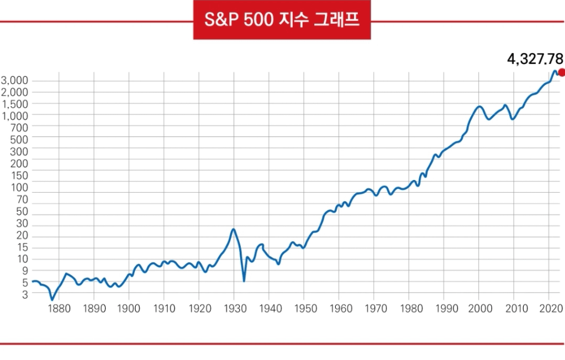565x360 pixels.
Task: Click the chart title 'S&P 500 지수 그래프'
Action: tap(282, 21)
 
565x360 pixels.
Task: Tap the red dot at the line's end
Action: tap(562, 72)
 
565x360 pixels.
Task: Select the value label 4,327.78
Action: tap(535, 58)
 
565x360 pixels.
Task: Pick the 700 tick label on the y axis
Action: tap(19, 127)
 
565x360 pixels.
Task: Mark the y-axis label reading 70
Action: tap(22, 200)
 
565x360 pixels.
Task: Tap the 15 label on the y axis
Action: tap(22, 248)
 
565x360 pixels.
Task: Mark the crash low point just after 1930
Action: tap(244, 281)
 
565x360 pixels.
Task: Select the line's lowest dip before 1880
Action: tap(52, 300)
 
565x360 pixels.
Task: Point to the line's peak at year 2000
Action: tap(479, 107)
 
